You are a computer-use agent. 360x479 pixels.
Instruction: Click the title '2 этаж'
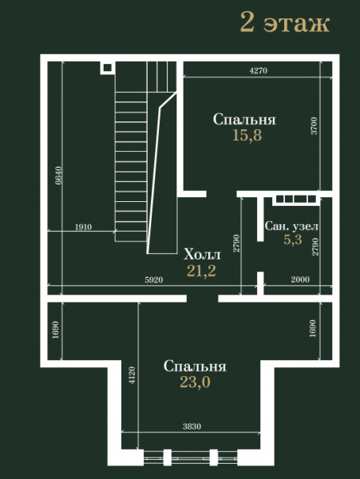click(285, 22)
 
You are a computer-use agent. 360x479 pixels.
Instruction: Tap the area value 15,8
click(247, 135)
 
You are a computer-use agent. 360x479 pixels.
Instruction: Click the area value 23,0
click(195, 382)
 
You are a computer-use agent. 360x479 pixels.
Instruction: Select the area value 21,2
click(201, 271)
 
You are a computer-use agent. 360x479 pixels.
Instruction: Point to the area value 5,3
click(292, 239)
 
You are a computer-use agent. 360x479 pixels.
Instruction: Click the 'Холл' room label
click(202, 255)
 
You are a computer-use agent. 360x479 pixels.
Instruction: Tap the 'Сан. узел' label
click(291, 227)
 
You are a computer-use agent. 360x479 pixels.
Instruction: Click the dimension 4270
click(259, 71)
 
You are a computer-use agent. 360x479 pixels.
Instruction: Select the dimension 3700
click(315, 126)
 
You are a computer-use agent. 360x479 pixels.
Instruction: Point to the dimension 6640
click(58, 176)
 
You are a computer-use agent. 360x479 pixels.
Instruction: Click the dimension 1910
click(83, 227)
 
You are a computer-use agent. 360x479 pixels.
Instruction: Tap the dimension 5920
click(154, 280)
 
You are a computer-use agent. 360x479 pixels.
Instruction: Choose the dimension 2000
click(300, 279)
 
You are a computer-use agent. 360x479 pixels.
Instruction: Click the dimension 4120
click(132, 375)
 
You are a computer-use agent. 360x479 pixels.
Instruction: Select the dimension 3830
click(192, 426)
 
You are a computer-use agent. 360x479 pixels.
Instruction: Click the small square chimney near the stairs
click(108, 68)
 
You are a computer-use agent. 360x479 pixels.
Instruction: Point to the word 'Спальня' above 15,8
click(244, 120)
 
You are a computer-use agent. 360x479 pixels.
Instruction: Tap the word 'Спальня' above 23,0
click(195, 366)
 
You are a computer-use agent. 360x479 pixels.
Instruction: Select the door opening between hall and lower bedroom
click(203, 299)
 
